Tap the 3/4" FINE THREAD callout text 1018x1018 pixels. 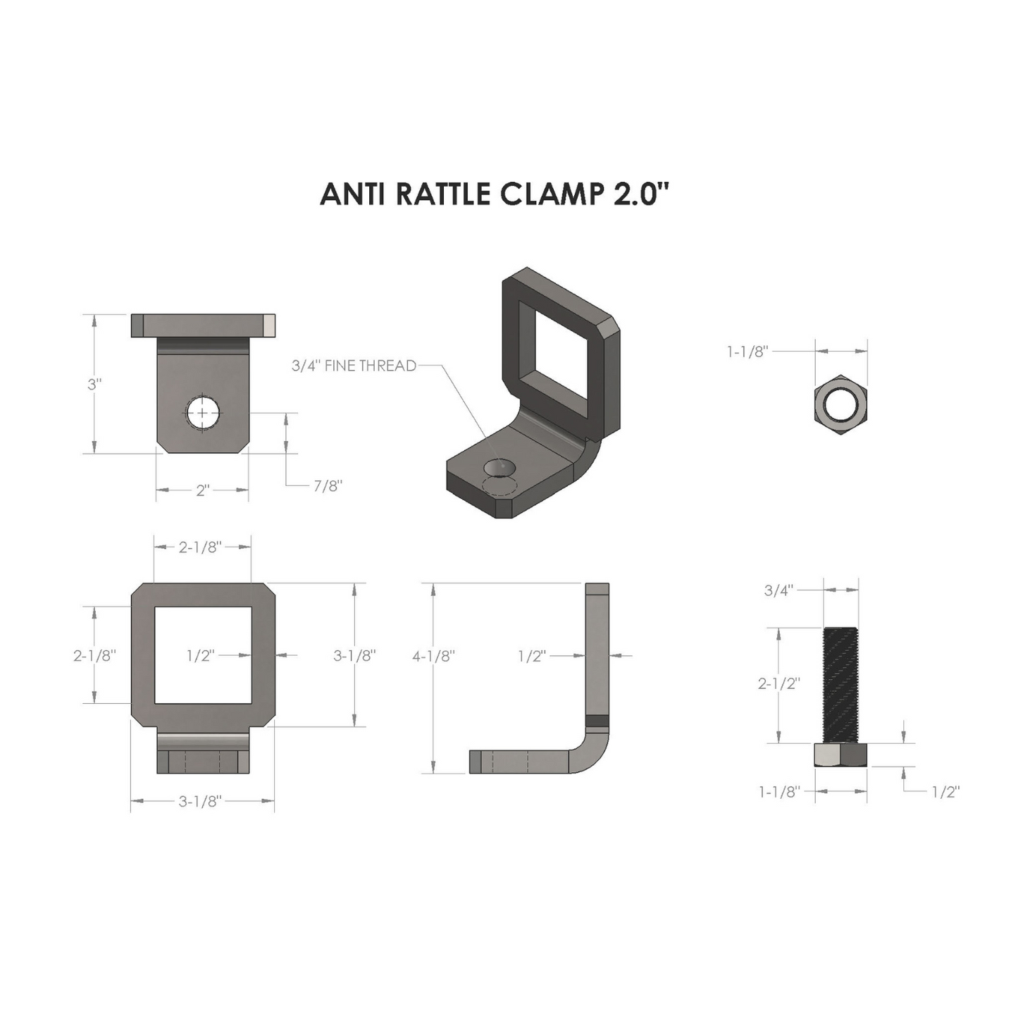point(354,366)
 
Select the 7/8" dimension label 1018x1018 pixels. point(328,485)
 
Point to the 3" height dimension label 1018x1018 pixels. point(94,384)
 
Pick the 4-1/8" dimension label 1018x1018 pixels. point(433,656)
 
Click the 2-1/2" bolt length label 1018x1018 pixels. point(779,683)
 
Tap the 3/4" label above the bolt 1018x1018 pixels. point(778,590)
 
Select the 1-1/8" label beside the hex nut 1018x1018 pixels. point(747,352)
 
